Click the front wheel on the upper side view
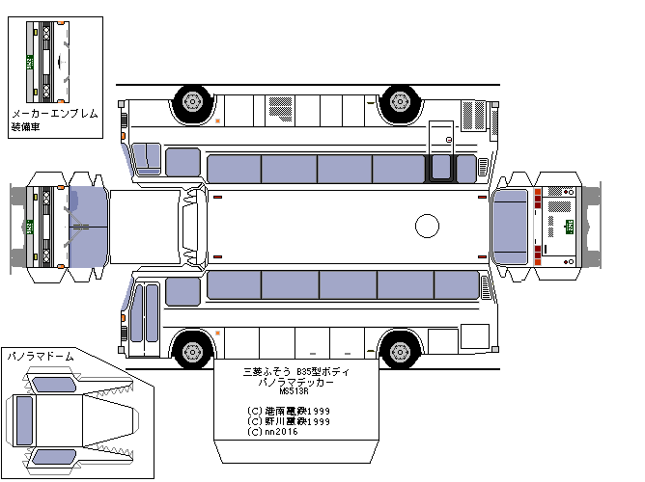pyautogui.click(x=192, y=100)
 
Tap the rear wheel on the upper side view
pyautogui.click(x=399, y=100)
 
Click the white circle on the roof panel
pyautogui.click(x=427, y=227)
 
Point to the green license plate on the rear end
pyautogui.click(x=569, y=227)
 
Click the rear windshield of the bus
pyautogui.click(x=510, y=227)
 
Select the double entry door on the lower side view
pyautogui.click(x=147, y=313)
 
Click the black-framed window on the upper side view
pyautogui.click(x=441, y=169)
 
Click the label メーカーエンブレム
pyautogui.click(x=53, y=113)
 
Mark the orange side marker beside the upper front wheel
pyautogui.click(x=218, y=120)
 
